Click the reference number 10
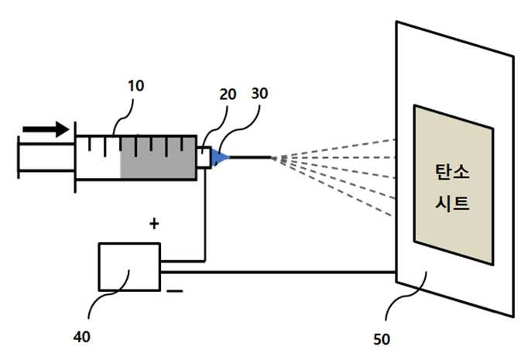point(135,86)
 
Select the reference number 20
point(228,94)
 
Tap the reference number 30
point(260,94)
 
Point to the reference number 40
point(82,337)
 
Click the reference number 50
point(382,339)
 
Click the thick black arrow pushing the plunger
point(46,129)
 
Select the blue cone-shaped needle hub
point(220,157)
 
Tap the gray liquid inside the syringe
point(158,157)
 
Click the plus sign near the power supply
point(154,224)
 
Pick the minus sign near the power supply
point(175,291)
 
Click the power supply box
point(129,267)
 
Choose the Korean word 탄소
point(452,171)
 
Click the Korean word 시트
point(452,203)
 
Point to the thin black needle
point(251,157)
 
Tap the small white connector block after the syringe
point(204,157)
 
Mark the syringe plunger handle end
point(19,157)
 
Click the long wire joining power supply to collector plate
point(279,272)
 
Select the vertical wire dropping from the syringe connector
point(204,214)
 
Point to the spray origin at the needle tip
point(273,157)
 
